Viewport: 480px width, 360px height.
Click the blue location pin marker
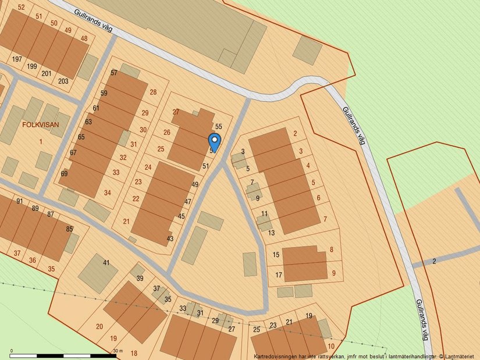[x=214, y=141]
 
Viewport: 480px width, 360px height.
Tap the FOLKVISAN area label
[x=41, y=124]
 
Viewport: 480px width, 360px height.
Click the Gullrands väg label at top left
[x=93, y=20]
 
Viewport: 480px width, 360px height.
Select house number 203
[x=63, y=81]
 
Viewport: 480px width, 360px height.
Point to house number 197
[x=16, y=59]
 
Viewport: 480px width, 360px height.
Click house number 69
[x=64, y=174]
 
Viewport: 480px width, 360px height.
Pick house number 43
[x=170, y=238]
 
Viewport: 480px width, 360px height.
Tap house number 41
[x=106, y=263]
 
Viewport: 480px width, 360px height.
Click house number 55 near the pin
[x=219, y=126]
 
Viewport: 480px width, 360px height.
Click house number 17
[x=279, y=275]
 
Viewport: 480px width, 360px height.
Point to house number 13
[x=271, y=233]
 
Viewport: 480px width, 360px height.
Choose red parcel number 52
[x=22, y=7]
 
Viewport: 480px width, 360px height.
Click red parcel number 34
[x=107, y=193]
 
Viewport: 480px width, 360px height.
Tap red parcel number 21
[x=126, y=221]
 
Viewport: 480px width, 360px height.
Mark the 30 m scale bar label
[x=118, y=351]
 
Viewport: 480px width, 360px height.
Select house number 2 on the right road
[x=434, y=261]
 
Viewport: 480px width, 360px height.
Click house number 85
[x=69, y=229]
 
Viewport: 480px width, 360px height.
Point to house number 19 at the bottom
[x=308, y=316]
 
